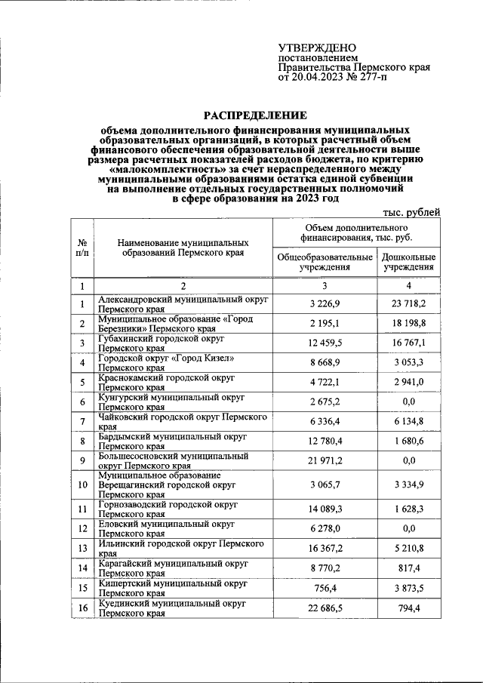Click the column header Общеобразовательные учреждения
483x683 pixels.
click(325, 261)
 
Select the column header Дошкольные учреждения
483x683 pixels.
click(408, 261)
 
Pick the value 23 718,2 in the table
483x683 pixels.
click(408, 303)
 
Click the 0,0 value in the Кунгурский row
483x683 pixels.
click(408, 401)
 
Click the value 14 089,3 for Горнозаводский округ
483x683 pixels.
click(325, 510)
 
